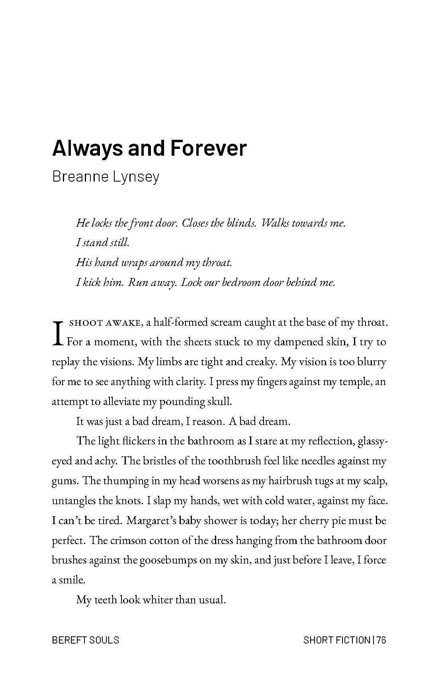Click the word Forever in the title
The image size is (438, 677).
coord(208,148)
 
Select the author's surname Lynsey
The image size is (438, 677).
coord(136,176)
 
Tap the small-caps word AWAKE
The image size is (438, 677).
coord(123,323)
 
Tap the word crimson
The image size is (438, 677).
coord(125,540)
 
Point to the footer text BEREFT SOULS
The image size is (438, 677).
coord(86,640)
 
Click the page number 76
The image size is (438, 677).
coord(381,640)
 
